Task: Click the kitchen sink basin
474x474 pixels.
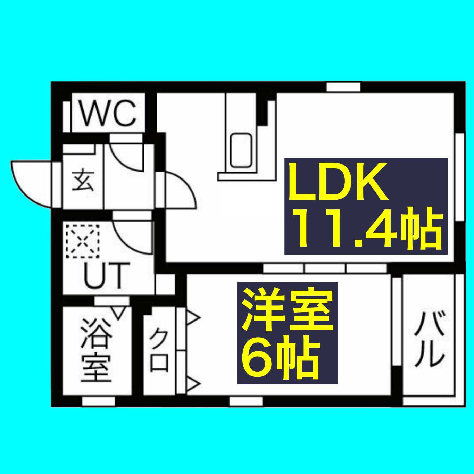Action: [x=242, y=151]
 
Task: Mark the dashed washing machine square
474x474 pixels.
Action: [x=83, y=241]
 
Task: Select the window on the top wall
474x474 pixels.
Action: [x=343, y=87]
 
